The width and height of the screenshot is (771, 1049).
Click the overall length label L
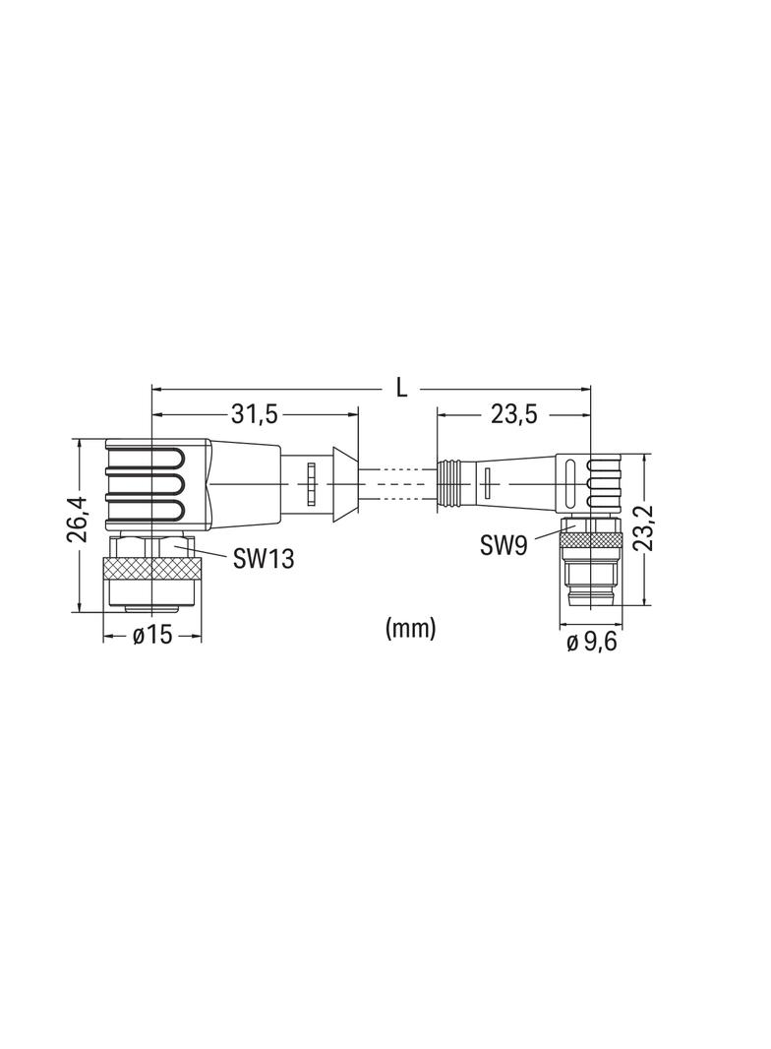(x=401, y=388)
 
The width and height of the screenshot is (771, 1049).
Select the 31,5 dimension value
(x=254, y=415)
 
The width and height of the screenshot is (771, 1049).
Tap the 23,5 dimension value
(x=514, y=415)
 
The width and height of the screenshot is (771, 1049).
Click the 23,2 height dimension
(x=643, y=527)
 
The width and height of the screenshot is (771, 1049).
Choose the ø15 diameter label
(x=151, y=635)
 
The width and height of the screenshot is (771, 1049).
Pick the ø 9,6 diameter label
(x=592, y=643)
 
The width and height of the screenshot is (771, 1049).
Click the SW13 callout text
(x=264, y=559)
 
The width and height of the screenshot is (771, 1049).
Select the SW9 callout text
(x=504, y=546)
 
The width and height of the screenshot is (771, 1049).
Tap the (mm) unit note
(x=410, y=628)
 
